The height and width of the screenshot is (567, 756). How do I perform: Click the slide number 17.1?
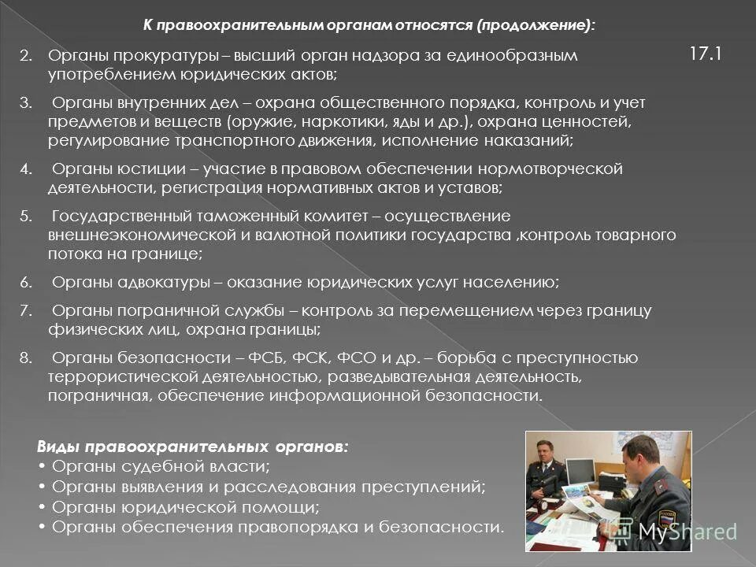click(706, 54)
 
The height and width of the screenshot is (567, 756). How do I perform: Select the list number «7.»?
click(25, 311)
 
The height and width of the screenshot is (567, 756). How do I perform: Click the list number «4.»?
click(25, 169)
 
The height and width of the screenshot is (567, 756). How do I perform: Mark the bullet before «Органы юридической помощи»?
click(41, 507)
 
